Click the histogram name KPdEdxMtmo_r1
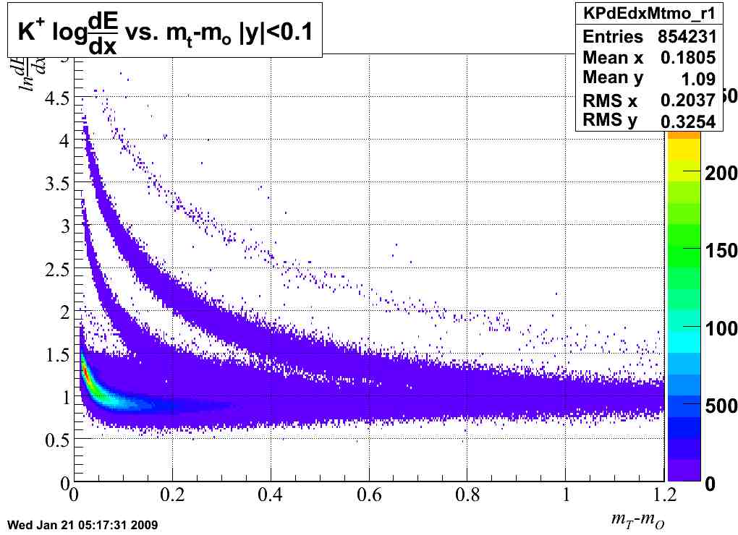(x=649, y=13)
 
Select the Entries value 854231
(x=687, y=37)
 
